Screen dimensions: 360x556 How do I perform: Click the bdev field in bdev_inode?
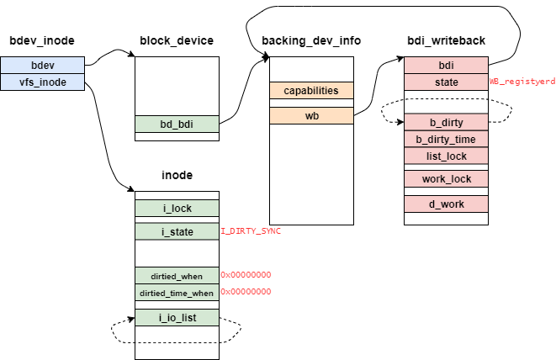click(43, 65)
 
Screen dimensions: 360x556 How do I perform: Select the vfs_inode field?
click(43, 82)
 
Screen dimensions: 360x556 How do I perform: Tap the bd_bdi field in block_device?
click(177, 124)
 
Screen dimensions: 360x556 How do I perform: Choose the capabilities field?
click(311, 90)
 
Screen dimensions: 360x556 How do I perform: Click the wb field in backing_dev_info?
click(311, 115)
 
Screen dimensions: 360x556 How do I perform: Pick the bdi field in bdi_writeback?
click(446, 65)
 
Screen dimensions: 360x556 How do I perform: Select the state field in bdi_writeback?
click(446, 82)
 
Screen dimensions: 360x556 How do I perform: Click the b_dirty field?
click(446, 123)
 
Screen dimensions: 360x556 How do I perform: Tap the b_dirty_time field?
click(446, 139)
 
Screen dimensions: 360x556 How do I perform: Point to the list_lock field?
click(446, 156)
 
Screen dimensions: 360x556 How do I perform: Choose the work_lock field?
click(446, 179)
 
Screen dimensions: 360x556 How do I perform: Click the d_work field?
click(446, 204)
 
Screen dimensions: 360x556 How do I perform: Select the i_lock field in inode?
click(177, 208)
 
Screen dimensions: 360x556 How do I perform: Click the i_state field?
click(177, 231)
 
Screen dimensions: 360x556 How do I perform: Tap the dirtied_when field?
click(177, 275)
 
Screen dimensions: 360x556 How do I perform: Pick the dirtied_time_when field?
click(177, 292)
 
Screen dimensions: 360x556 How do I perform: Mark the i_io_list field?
click(177, 317)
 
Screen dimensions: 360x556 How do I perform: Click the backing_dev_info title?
click(311, 40)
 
